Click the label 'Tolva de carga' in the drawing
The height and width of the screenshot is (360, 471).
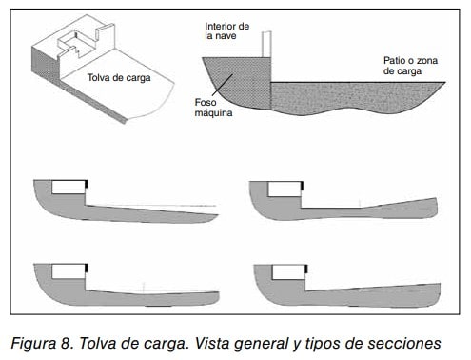(x=119, y=78)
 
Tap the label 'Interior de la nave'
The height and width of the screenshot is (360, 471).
(x=226, y=30)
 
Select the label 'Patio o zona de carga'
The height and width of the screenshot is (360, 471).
(x=410, y=66)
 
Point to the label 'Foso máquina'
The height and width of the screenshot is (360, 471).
(x=213, y=108)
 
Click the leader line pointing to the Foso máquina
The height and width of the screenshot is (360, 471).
(x=223, y=85)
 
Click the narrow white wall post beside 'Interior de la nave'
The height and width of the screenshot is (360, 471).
(x=266, y=44)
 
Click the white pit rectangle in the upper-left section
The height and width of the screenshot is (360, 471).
(x=69, y=188)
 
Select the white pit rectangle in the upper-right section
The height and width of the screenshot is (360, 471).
(x=285, y=190)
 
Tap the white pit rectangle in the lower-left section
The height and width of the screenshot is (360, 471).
(x=69, y=271)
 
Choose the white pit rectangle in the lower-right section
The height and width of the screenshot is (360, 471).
(x=288, y=273)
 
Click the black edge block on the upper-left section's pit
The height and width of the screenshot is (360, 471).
(x=87, y=185)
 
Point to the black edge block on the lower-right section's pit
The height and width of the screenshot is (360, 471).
(x=306, y=270)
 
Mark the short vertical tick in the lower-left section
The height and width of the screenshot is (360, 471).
(x=144, y=287)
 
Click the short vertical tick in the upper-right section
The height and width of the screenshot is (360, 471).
(x=360, y=204)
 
